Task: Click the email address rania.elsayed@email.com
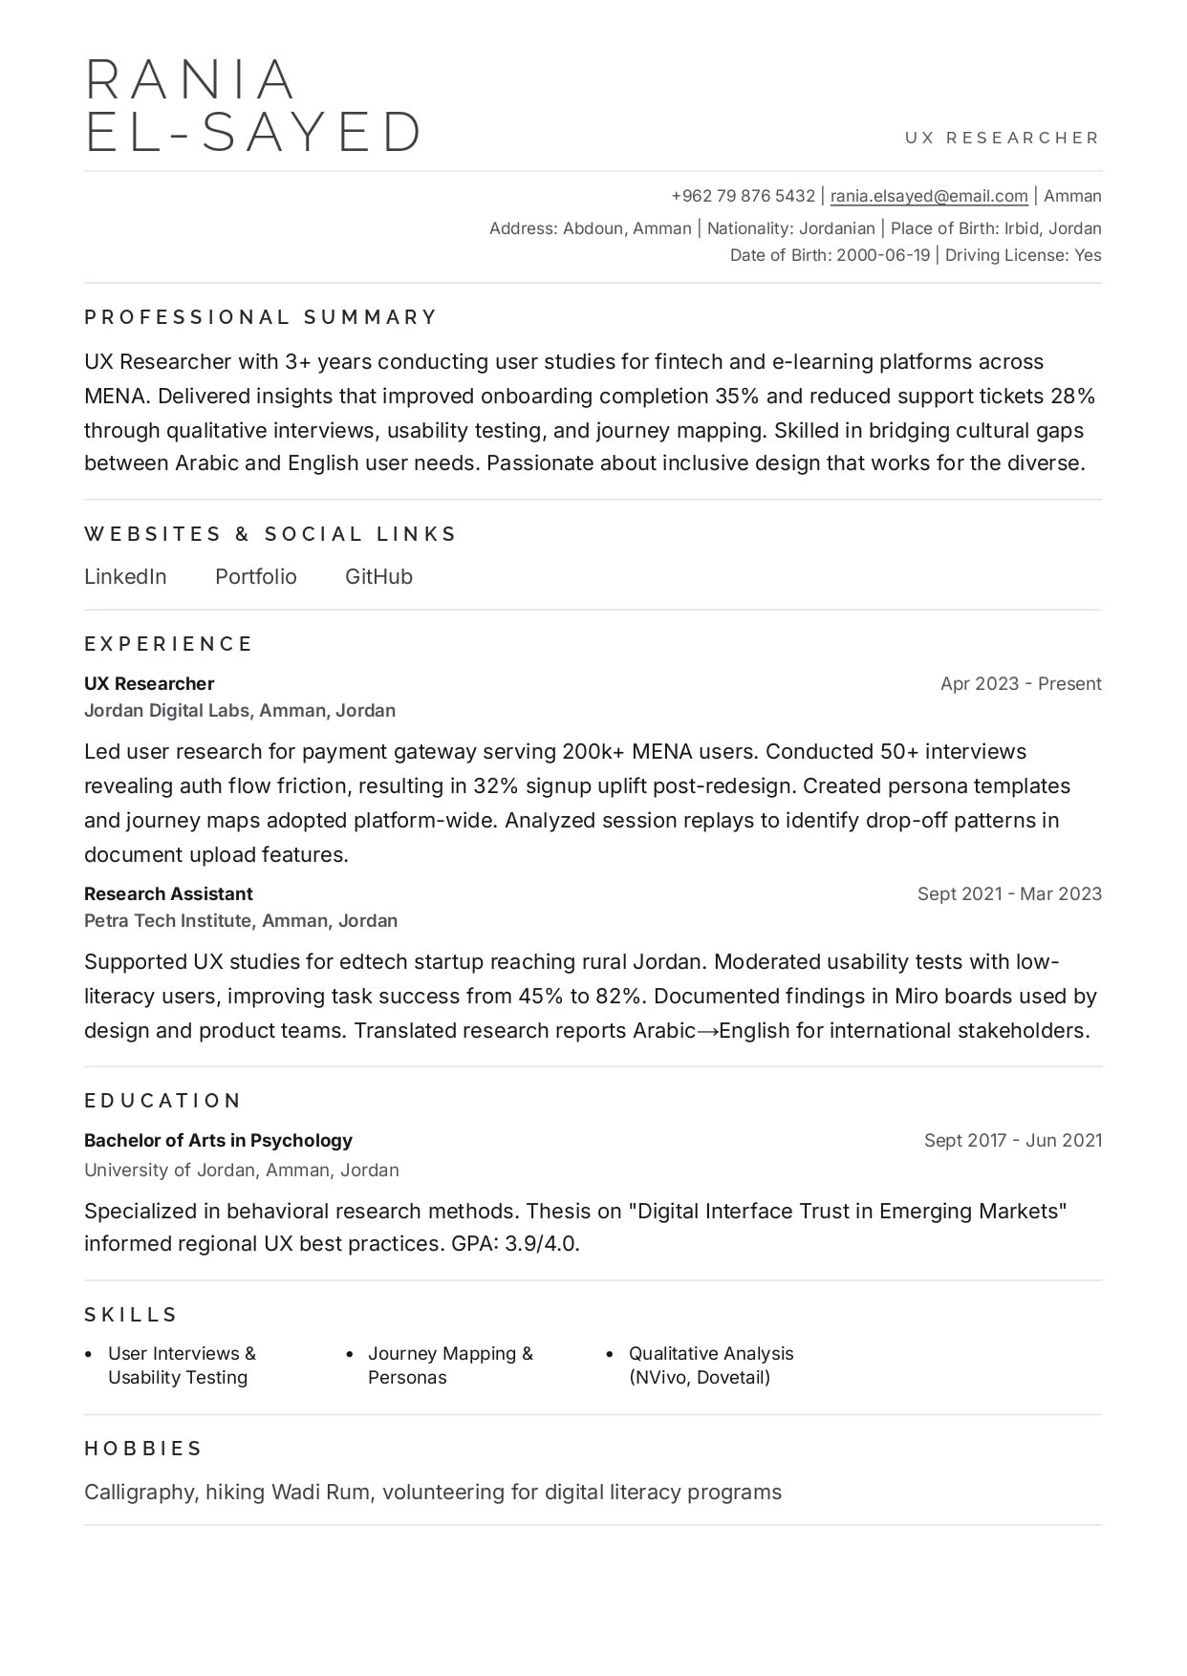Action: pyautogui.click(x=929, y=196)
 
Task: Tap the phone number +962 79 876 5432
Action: pyautogui.click(x=743, y=196)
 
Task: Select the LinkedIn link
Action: pyautogui.click(x=125, y=577)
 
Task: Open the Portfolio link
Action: pyautogui.click(x=256, y=577)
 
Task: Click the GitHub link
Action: pyautogui.click(x=378, y=577)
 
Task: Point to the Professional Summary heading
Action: pyautogui.click(x=260, y=317)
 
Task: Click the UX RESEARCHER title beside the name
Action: pyautogui.click(x=1003, y=138)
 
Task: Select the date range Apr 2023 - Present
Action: pyautogui.click(x=1021, y=684)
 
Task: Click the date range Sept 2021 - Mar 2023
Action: pyautogui.click(x=1009, y=894)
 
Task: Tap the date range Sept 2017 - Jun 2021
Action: pyautogui.click(x=1012, y=1141)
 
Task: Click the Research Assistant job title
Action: pyautogui.click(x=168, y=894)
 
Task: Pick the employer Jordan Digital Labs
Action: pyautogui.click(x=167, y=711)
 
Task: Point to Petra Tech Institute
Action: pyautogui.click(x=167, y=921)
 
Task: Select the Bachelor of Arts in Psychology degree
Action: pyautogui.click(x=218, y=1141)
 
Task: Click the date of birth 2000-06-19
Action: pyautogui.click(x=882, y=255)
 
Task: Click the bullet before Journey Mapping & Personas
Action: pyautogui.click(x=350, y=1355)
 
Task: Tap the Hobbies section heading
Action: pyautogui.click(x=143, y=1449)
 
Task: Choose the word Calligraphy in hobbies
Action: pyautogui.click(x=141, y=1493)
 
